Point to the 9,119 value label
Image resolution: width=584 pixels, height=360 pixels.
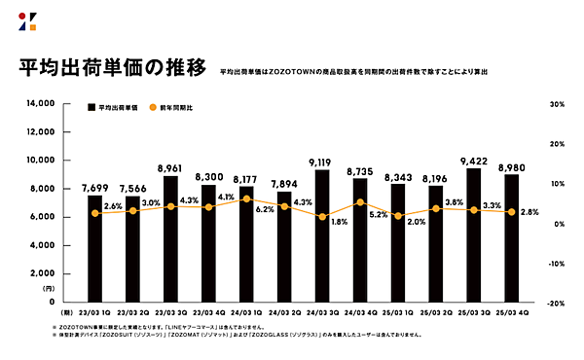[x=322, y=162]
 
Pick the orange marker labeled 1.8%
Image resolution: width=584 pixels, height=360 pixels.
[x=322, y=216]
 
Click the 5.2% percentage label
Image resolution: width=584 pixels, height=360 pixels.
[x=379, y=214]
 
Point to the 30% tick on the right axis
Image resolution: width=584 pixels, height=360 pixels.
[x=558, y=103]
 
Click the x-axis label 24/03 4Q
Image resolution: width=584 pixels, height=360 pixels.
[x=360, y=313]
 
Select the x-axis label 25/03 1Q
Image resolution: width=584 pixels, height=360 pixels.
[x=398, y=313]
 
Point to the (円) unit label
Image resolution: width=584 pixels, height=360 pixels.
[x=48, y=288]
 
